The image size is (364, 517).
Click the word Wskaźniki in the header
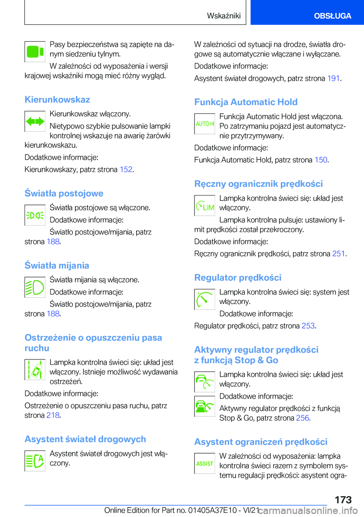[x=224, y=16]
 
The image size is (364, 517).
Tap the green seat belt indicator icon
[x=35, y=52]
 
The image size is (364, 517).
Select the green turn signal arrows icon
[x=35, y=121]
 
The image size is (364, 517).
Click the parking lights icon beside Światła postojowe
[x=35, y=215]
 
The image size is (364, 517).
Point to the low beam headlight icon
[x=35, y=287]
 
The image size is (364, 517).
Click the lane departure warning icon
[x=35, y=370]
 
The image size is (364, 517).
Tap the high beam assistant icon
[x=35, y=461]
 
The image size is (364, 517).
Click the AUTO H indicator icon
[x=205, y=124]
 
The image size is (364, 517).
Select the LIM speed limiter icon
[x=205, y=206]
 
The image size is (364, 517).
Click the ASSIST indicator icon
[x=205, y=463]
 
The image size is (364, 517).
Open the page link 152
[x=126, y=169]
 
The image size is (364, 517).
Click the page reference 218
[x=53, y=415]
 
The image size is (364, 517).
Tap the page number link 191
[x=333, y=78]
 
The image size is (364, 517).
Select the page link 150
[x=321, y=160]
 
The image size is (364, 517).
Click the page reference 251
[x=338, y=254]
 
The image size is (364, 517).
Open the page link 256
[x=302, y=418]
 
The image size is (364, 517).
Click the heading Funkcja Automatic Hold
[x=246, y=102]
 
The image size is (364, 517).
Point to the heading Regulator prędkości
[x=238, y=277]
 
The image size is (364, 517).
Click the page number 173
[x=343, y=500]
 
